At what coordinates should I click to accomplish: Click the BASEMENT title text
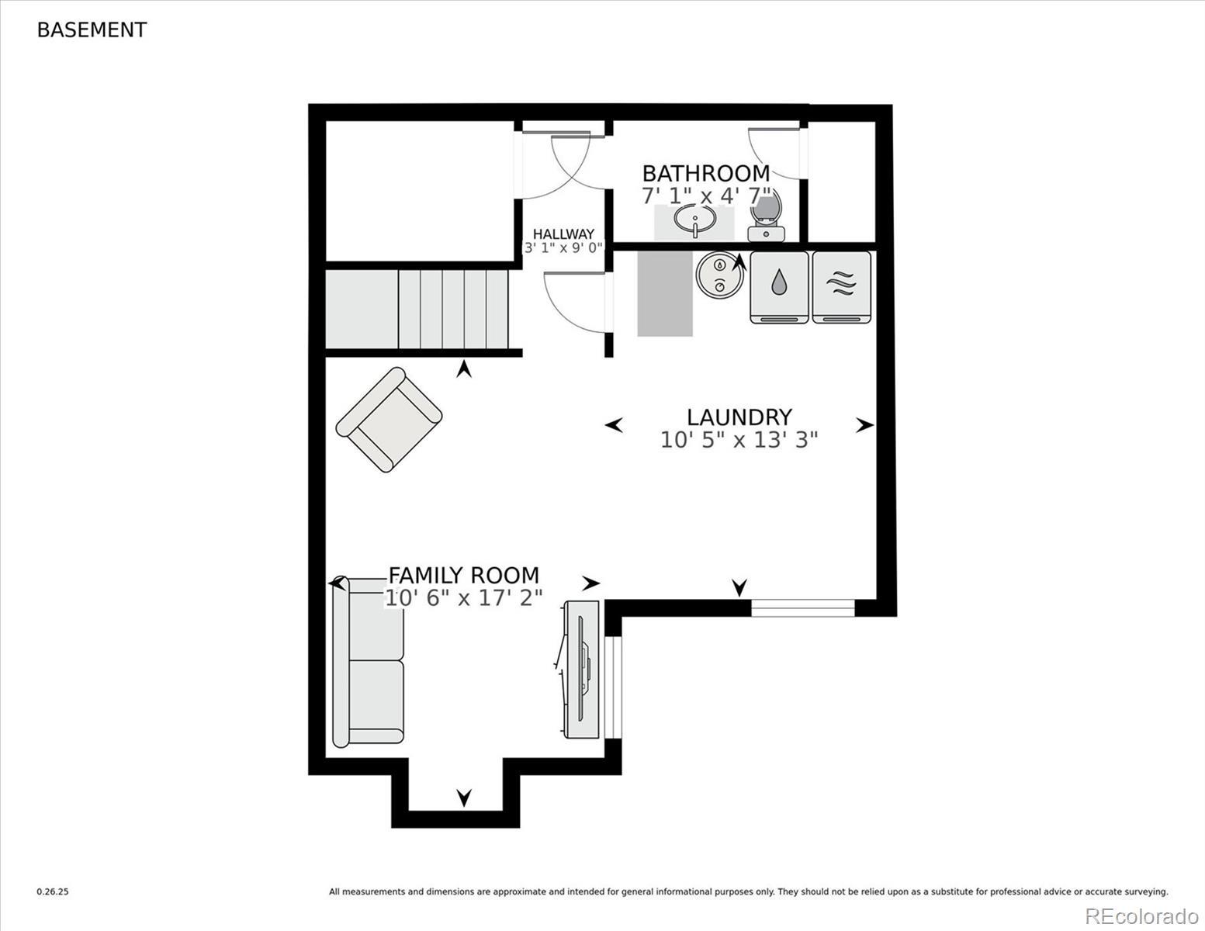pyautogui.click(x=92, y=30)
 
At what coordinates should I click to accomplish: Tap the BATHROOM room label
pyautogui.click(x=706, y=174)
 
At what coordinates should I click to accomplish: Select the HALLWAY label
pyautogui.click(x=563, y=234)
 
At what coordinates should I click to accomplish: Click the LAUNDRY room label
pyautogui.click(x=739, y=417)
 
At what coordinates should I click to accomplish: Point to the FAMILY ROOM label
pyautogui.click(x=463, y=576)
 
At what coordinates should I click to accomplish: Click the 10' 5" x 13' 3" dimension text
pyautogui.click(x=739, y=440)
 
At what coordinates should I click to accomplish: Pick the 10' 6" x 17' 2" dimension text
pyautogui.click(x=463, y=597)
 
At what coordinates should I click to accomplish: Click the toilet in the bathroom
pyautogui.click(x=766, y=216)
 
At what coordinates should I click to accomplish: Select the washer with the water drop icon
pyautogui.click(x=779, y=287)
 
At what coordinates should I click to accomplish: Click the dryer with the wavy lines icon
pyautogui.click(x=841, y=287)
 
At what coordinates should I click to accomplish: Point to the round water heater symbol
pyautogui.click(x=720, y=275)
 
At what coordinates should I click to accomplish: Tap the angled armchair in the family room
pyautogui.click(x=389, y=419)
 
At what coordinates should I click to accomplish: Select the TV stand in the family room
pyautogui.click(x=581, y=670)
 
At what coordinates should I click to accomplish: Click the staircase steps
pyautogui.click(x=417, y=310)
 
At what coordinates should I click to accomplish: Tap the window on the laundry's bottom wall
pyautogui.click(x=803, y=607)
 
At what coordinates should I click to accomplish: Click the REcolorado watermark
pyautogui.click(x=1141, y=916)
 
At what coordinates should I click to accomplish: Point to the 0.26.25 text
pyautogui.click(x=53, y=892)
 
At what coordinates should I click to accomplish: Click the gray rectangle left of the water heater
pyautogui.click(x=665, y=293)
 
